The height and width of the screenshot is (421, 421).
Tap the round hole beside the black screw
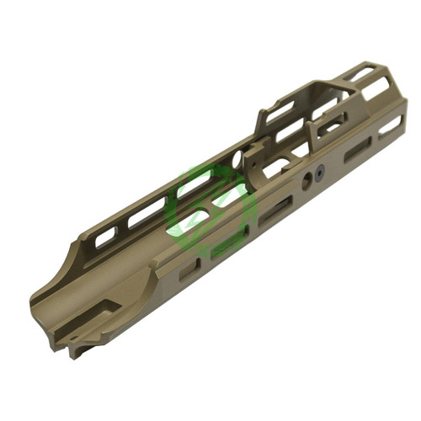pyautogui.click(x=304, y=181)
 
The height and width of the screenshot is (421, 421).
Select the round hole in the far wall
pyautogui.click(x=237, y=157)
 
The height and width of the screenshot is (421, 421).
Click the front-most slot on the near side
pyautogui.click(x=389, y=126)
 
